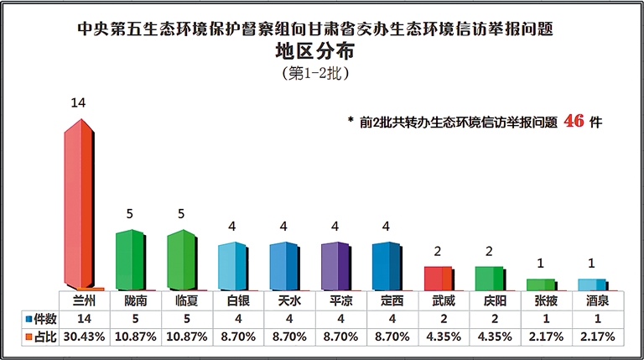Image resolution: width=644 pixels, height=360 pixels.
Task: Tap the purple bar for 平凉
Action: (x=335, y=266)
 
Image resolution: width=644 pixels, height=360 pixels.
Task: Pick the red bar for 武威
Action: (x=439, y=278)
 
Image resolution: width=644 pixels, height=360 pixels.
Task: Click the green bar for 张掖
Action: (x=541, y=284)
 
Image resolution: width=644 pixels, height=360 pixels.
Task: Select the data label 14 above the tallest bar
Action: (x=79, y=102)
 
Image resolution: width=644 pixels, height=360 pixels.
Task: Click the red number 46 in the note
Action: (x=574, y=121)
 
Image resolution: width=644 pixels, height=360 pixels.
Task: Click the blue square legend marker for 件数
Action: (x=28, y=319)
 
